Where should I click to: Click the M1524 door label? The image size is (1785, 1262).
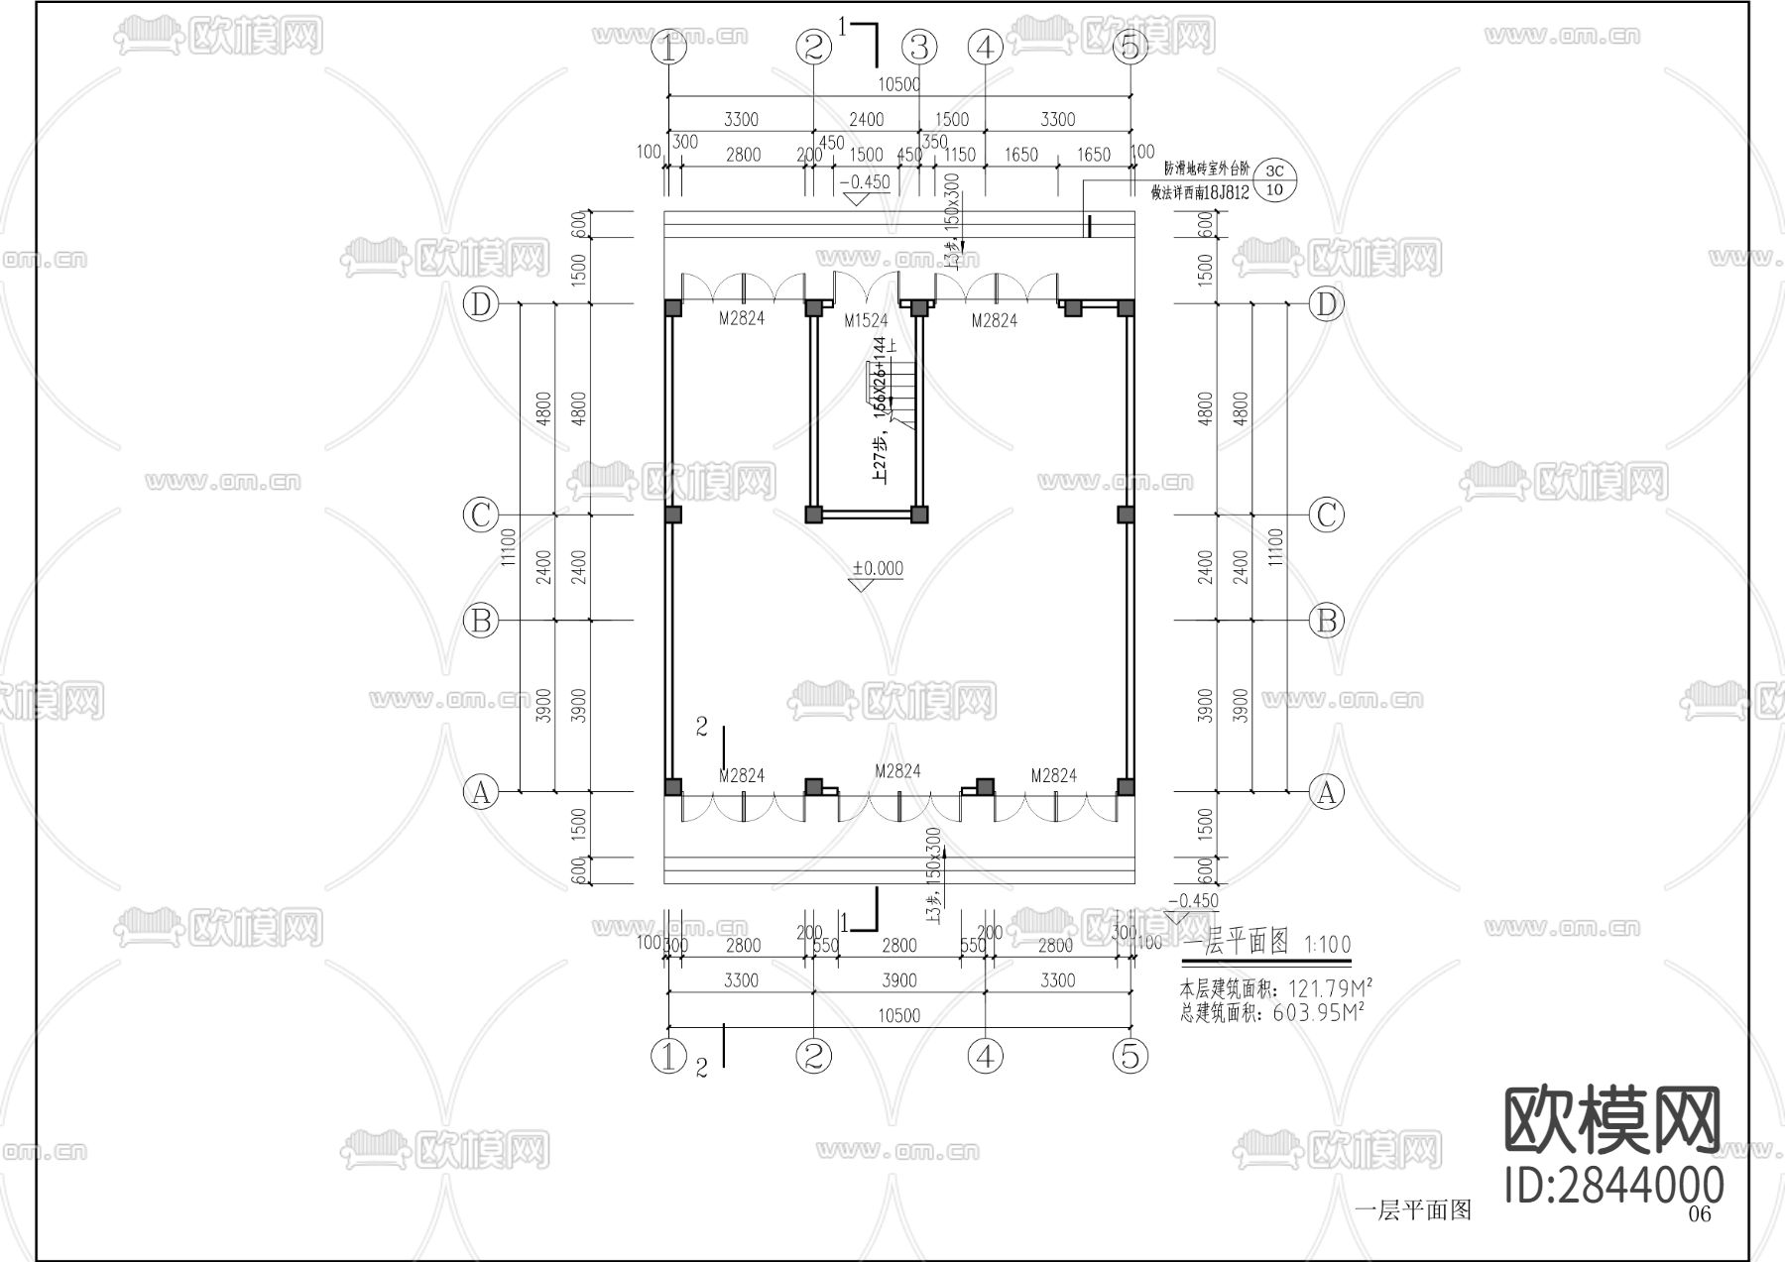[866, 320]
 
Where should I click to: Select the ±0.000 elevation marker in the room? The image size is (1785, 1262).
[879, 569]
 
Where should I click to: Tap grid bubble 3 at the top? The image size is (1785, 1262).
[919, 47]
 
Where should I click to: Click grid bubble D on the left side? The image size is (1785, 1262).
[480, 304]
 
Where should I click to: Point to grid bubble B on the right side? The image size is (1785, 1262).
[1327, 622]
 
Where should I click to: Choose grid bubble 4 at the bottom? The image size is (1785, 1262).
[985, 1057]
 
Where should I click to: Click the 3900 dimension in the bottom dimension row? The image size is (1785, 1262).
[899, 980]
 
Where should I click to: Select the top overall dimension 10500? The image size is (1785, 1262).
[899, 84]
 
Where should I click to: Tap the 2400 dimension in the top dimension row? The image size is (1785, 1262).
[866, 119]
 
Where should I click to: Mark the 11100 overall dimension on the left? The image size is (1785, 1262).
[509, 547]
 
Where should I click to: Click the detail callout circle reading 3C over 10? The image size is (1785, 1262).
[1275, 180]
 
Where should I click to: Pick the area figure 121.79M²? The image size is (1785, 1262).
[1330, 988]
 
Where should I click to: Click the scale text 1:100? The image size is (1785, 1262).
[1328, 944]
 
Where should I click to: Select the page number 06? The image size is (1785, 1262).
[1699, 1214]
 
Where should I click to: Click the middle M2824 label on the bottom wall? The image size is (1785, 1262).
[897, 771]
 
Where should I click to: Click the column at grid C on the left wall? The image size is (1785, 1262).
[673, 515]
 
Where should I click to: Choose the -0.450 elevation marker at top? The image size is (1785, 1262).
[865, 182]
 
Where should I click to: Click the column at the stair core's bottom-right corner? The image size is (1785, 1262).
[919, 515]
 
